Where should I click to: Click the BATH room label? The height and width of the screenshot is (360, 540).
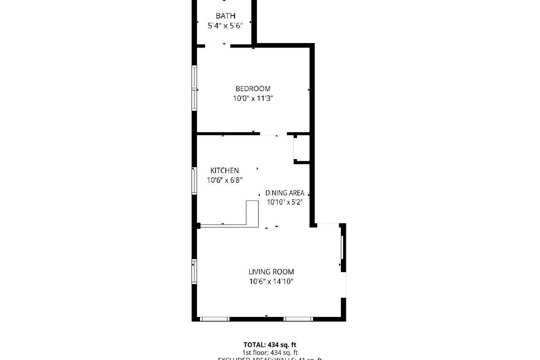click(x=225, y=16)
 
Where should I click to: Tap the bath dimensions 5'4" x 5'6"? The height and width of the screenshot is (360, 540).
click(x=225, y=26)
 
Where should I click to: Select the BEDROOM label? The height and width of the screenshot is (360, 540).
click(x=253, y=89)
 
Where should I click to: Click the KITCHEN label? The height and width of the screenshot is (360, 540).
click(x=224, y=171)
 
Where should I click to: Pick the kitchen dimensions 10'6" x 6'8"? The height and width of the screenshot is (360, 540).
click(x=224, y=180)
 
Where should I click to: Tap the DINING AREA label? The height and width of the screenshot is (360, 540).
click(x=284, y=193)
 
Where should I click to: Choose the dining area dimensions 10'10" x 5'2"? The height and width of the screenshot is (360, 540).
click(x=284, y=202)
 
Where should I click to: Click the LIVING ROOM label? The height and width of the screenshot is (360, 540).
click(x=271, y=272)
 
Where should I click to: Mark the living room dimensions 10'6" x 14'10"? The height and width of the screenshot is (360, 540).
click(x=271, y=282)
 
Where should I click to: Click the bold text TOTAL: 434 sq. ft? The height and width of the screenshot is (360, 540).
click(x=270, y=345)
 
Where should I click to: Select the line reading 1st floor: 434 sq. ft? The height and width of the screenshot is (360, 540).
click(x=270, y=352)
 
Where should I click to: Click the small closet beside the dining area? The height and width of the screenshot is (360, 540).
click(x=302, y=149)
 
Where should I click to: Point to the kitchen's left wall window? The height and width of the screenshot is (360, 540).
click(x=194, y=180)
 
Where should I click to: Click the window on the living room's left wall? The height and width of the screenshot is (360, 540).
click(x=194, y=271)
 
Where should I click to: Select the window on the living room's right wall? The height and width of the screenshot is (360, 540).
click(x=343, y=248)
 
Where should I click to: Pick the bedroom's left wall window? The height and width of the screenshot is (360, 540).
click(x=194, y=88)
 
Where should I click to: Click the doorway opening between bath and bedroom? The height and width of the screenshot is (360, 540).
click(x=218, y=45)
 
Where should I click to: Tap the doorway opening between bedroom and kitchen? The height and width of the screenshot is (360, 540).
click(x=273, y=134)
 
